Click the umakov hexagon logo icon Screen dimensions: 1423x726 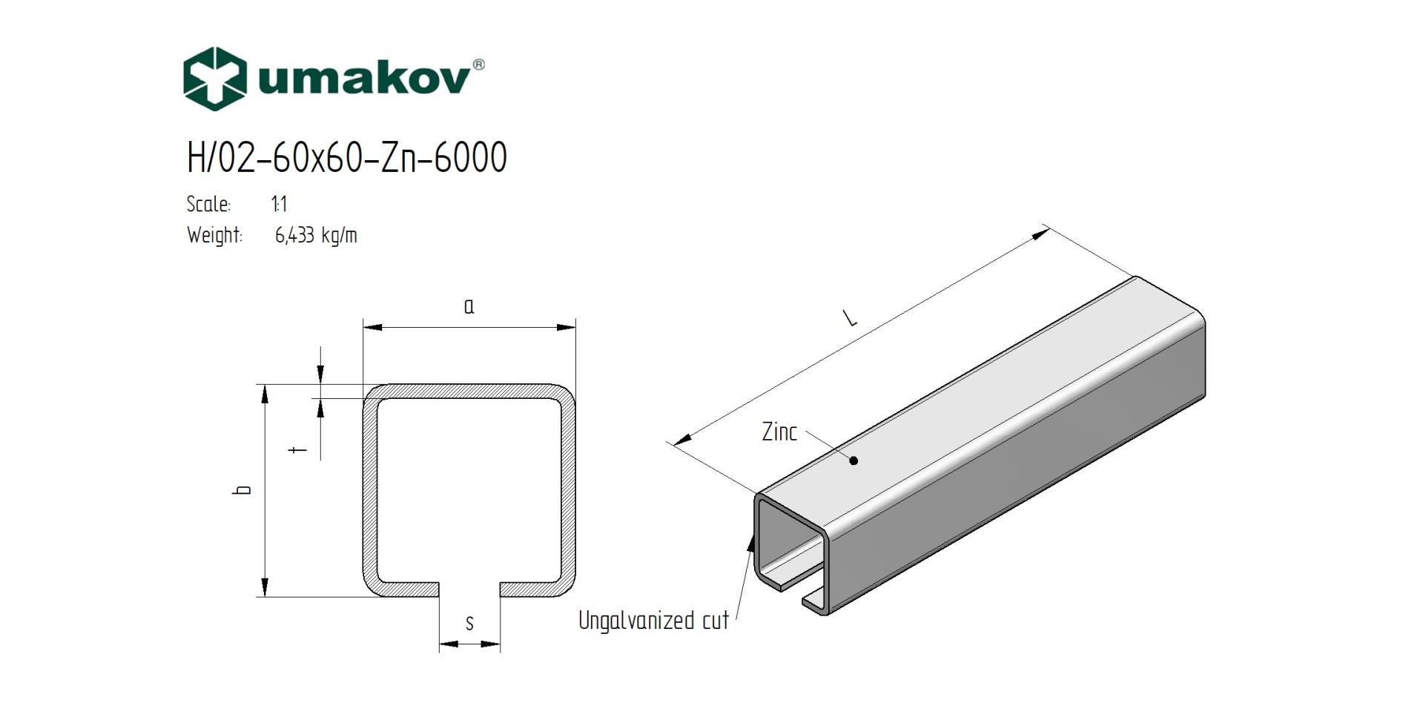click(x=215, y=79)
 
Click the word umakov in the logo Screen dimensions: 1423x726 click(x=364, y=78)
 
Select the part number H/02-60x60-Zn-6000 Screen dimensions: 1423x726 click(x=347, y=157)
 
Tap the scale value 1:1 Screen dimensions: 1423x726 click(x=280, y=204)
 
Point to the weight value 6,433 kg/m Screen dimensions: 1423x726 click(x=316, y=236)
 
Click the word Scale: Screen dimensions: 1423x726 click(x=208, y=204)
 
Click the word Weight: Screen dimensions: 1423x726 click(x=214, y=236)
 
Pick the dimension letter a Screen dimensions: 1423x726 click(x=469, y=306)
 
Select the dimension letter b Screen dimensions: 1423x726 click(x=242, y=489)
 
